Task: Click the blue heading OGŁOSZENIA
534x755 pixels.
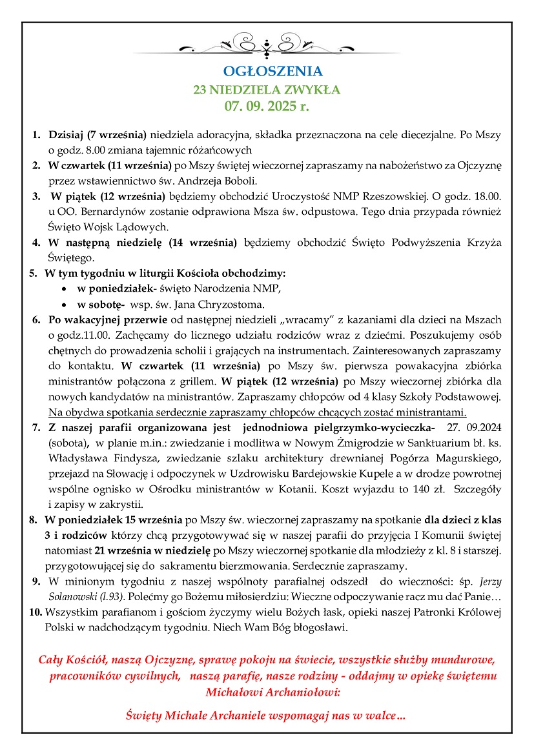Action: (267, 72)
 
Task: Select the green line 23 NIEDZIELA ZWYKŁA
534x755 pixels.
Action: (267, 89)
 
